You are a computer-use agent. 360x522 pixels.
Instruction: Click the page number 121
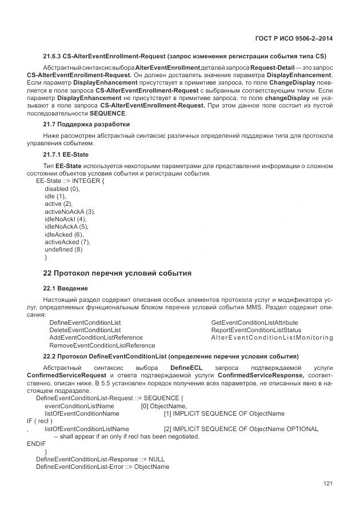pos(328,484)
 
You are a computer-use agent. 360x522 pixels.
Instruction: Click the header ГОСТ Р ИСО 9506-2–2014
pos(293,38)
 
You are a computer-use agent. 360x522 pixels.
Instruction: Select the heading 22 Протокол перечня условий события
pos(118,273)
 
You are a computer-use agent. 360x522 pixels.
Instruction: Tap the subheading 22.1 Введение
pos(66,288)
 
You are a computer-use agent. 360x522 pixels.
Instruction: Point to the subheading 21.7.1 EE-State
pos(66,155)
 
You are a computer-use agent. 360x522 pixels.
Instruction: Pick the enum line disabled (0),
pos(62,189)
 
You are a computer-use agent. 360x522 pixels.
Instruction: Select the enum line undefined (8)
pos(63,249)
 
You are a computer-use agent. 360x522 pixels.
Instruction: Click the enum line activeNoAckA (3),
pos(70,212)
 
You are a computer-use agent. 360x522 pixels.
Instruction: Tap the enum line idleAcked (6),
pos(64,234)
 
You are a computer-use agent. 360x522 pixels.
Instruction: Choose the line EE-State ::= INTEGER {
pos(70,181)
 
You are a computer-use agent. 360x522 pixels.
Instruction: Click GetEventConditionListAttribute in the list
pos(254,322)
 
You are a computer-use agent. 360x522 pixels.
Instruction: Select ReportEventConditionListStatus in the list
pos(255,330)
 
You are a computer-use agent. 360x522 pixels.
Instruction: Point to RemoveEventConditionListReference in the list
pos(102,345)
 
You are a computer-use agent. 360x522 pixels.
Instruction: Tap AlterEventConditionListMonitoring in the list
pos(272,338)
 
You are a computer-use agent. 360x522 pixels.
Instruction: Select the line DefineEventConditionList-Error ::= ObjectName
pos(102,467)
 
